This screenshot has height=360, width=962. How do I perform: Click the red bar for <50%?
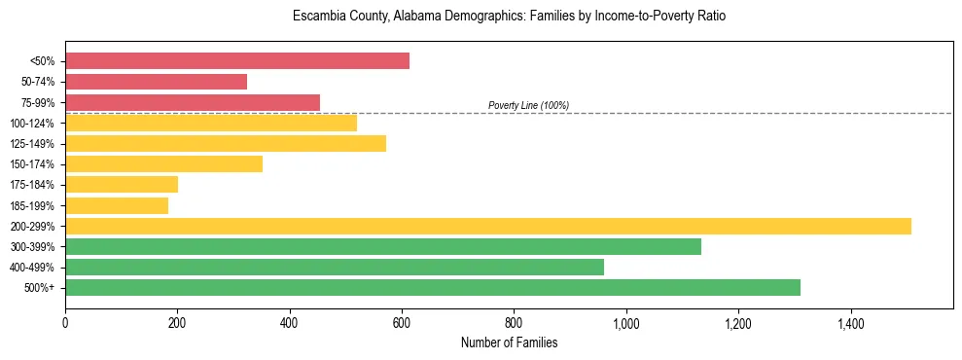[x=237, y=61]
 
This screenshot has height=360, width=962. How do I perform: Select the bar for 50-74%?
[x=156, y=82]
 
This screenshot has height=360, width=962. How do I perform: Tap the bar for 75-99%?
[x=193, y=102]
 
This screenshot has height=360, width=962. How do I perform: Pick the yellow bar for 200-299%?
[x=488, y=226]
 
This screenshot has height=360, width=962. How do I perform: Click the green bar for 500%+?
[x=433, y=287]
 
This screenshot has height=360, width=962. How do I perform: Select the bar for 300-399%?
[x=383, y=246]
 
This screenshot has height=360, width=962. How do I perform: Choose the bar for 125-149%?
[x=226, y=143]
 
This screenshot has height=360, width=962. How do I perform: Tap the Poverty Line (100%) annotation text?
[x=528, y=105]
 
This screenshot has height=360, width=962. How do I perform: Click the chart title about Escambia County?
[x=509, y=17]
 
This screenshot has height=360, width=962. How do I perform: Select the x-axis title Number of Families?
[x=509, y=342]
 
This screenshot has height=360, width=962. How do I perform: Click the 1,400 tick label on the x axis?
[x=850, y=322]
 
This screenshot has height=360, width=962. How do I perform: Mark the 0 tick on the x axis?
[x=65, y=322]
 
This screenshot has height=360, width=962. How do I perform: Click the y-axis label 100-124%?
[x=32, y=124]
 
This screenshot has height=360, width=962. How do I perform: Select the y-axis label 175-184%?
[x=32, y=185]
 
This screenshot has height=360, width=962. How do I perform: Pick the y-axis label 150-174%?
[x=32, y=164]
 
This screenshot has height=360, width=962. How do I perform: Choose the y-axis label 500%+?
[x=40, y=288]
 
